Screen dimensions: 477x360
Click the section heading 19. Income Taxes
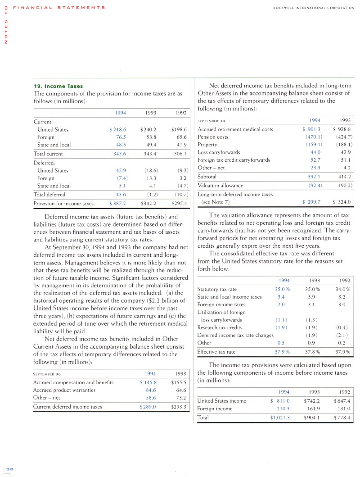58,86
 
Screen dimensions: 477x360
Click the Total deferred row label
49,195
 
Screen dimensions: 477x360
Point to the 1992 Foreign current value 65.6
179,137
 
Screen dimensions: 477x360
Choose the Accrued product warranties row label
64,390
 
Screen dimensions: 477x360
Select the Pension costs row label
213,137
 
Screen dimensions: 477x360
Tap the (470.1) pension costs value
314,137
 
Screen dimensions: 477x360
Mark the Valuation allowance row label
220,185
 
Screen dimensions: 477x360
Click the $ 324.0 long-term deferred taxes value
342,202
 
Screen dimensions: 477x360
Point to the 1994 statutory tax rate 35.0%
282,289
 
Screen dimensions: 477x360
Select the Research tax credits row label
220,327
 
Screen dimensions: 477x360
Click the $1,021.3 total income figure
279,418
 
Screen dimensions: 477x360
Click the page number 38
9,469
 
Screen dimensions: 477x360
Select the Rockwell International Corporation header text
314,7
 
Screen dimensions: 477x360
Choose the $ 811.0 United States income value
280,400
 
